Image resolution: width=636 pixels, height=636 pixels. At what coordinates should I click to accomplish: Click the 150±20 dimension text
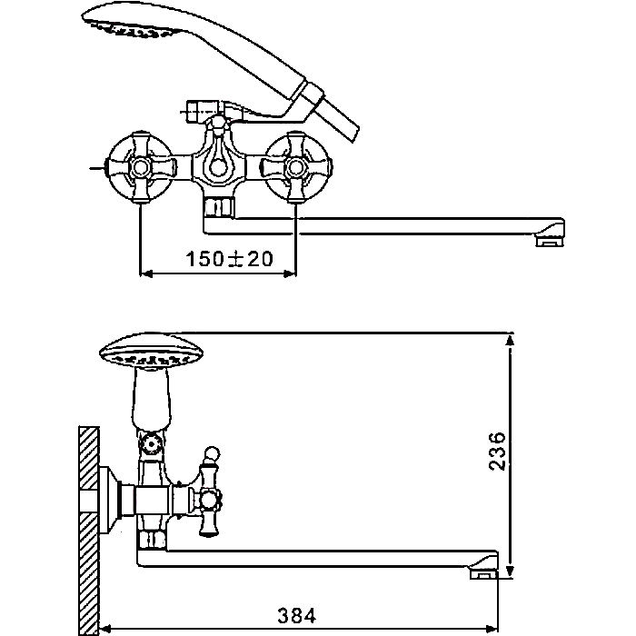229,259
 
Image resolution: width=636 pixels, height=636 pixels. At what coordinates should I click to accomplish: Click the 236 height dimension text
497,451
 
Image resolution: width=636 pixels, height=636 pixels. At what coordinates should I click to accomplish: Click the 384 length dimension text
296,615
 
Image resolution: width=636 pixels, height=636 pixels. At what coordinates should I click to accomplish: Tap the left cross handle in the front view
141,166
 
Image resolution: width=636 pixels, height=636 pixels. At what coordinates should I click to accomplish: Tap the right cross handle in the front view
295,166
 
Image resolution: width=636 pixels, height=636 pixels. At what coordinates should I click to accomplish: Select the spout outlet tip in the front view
550,241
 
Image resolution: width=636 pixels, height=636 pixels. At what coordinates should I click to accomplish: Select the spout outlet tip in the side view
484,573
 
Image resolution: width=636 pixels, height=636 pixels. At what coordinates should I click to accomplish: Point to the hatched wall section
89,531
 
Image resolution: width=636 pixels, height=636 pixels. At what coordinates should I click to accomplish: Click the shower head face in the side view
152,351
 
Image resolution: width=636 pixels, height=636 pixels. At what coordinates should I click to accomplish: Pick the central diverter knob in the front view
219,166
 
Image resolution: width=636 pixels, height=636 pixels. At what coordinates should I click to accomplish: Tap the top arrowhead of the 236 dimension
511,340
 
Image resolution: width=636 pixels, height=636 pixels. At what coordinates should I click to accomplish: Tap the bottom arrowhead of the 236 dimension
511,571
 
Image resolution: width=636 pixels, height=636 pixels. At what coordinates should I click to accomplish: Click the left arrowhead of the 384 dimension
105,629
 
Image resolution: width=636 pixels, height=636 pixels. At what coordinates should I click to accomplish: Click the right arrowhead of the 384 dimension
492,629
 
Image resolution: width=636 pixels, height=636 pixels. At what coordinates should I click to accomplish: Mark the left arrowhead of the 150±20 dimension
146,274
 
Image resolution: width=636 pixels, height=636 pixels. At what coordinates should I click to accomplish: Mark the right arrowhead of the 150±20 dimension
290,274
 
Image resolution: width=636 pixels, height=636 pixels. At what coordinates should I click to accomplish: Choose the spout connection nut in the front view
219,208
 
